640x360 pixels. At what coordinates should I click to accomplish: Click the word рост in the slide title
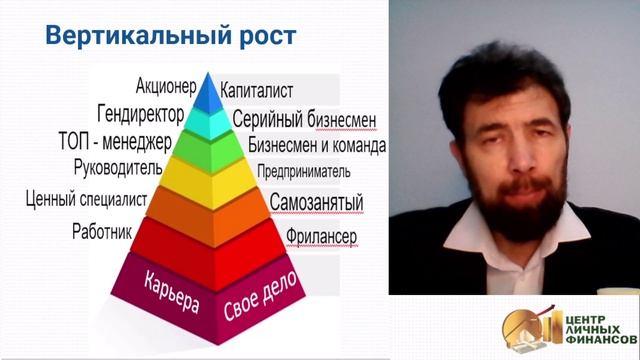pos(262,37)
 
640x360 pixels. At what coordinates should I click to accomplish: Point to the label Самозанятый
pos(316,203)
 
